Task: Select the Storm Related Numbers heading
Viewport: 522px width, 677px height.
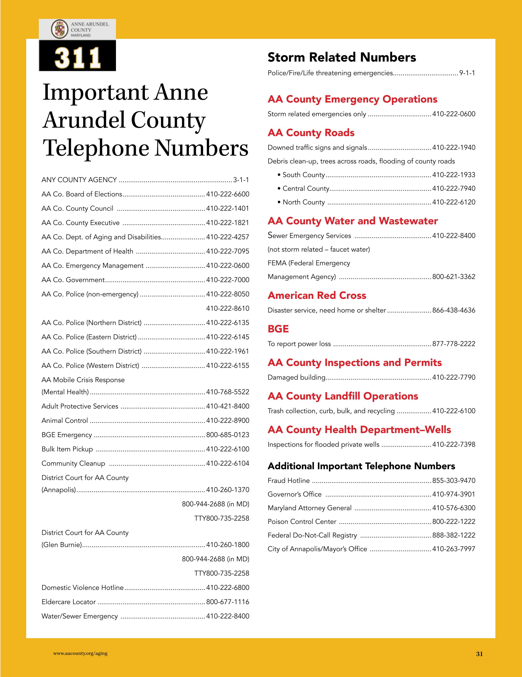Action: [342, 57]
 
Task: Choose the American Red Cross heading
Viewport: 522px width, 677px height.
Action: [317, 295]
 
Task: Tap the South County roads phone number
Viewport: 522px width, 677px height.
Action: [453, 175]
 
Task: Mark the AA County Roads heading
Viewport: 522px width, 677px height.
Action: [311, 133]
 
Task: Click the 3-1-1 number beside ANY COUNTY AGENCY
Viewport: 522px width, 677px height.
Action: [241, 180]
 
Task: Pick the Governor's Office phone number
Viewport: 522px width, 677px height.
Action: [453, 494]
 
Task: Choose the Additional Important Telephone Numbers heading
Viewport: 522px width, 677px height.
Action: [361, 466]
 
